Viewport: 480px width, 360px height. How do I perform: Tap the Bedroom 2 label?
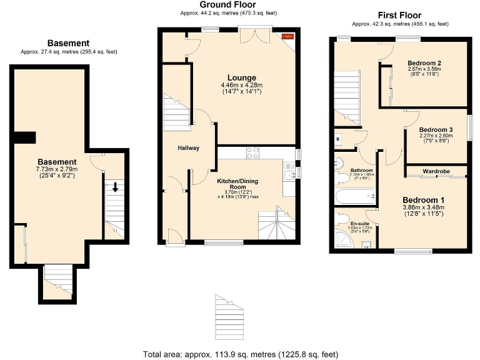tap(425, 62)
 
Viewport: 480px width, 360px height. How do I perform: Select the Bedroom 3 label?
tap(436, 129)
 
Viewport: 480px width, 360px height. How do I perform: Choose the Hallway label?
tap(187, 148)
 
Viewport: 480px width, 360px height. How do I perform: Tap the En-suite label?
tap(359, 223)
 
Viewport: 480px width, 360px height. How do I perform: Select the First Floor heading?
tap(399, 15)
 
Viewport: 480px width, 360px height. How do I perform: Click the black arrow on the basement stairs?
tap(115, 186)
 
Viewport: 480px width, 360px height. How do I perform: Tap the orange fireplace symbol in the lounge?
tap(287, 37)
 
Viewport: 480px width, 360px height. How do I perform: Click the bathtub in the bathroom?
tap(353, 197)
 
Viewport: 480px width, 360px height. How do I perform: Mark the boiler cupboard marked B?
tap(338, 139)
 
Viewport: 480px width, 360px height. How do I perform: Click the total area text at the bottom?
tap(241, 354)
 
